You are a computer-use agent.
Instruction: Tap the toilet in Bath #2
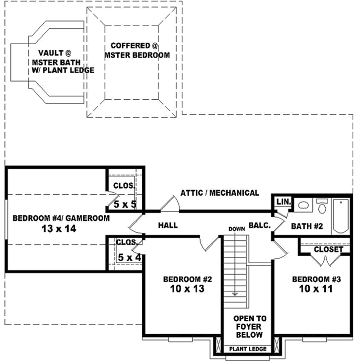pos(322,206)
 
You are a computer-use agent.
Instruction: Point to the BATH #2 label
pos(307,226)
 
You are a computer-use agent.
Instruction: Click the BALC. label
pos(260,225)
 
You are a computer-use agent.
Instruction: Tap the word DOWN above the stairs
pos(236,229)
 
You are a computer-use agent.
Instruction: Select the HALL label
pos(168,225)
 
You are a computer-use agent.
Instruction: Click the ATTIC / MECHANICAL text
pos(219,193)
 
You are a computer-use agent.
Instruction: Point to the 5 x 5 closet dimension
pos(125,204)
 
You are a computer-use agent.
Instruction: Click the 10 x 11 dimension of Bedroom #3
pos(316,289)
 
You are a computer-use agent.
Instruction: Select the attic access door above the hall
pos(169,204)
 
